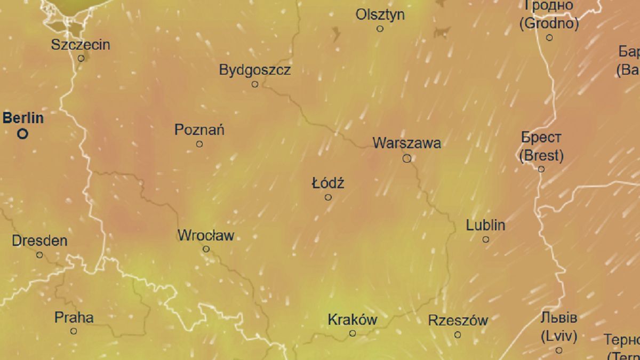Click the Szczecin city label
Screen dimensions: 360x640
(81, 45)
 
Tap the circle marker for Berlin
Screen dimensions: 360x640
(22, 134)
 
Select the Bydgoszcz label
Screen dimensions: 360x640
(255, 70)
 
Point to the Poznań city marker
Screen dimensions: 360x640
(199, 144)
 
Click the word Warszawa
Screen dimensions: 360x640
(407, 143)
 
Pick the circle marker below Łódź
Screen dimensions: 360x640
(328, 197)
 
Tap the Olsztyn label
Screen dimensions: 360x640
(380, 14)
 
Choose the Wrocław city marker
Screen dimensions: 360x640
(206, 249)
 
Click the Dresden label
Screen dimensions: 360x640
(39, 241)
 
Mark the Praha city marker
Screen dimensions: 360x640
(74, 331)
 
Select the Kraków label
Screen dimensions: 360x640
(352, 320)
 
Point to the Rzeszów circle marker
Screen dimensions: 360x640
(458, 335)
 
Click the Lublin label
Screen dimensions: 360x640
(485, 225)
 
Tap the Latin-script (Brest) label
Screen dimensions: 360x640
(541, 156)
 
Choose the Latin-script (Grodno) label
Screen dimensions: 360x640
(549, 23)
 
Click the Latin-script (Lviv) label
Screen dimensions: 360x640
(558, 337)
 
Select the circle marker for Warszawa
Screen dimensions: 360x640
(407, 158)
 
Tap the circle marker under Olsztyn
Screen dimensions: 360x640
(380, 29)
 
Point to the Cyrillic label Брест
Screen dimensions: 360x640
(541, 138)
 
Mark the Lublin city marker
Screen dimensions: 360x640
(486, 239)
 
